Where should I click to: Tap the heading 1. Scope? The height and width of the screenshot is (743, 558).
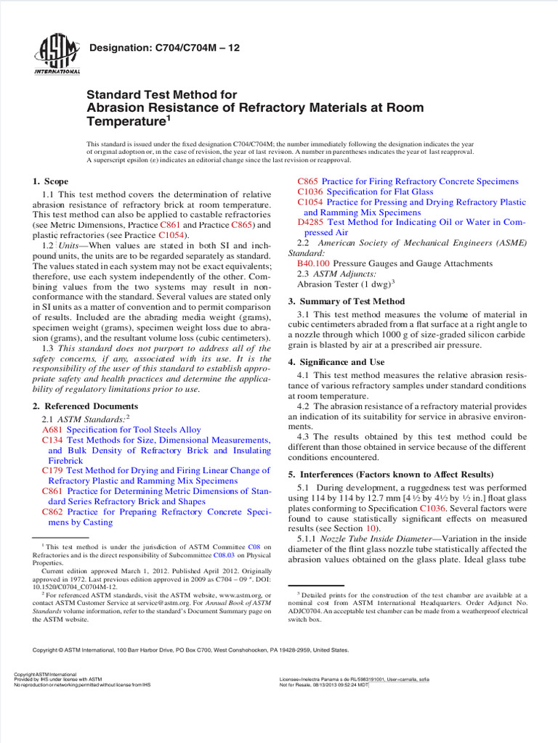tap(51, 181)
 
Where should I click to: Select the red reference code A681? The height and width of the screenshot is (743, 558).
tap(52, 430)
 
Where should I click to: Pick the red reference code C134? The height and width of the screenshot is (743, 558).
tap(52, 440)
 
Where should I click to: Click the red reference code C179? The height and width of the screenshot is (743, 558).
tap(52, 470)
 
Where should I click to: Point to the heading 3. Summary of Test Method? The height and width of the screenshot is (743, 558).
tap(347, 301)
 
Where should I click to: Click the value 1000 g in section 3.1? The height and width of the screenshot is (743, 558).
tap(392, 334)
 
